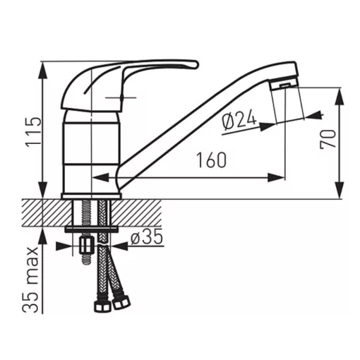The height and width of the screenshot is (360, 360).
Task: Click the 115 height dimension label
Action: [33, 132]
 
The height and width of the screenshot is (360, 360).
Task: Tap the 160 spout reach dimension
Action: [211, 160]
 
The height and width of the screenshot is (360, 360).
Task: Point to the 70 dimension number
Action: [328, 140]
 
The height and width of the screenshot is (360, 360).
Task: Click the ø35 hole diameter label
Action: [147, 236]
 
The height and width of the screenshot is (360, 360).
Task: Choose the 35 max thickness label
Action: [30, 280]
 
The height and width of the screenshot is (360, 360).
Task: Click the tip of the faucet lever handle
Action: [197, 65]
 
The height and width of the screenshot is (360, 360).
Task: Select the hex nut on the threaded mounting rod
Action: [87, 245]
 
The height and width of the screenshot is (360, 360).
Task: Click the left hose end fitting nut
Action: [102, 306]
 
